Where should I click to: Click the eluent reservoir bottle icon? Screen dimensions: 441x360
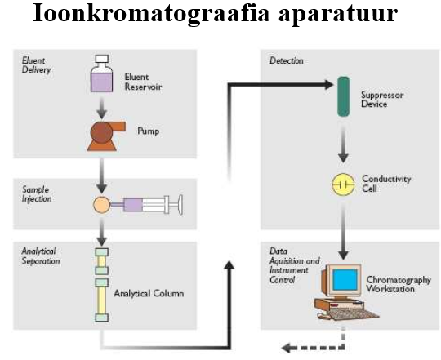101,73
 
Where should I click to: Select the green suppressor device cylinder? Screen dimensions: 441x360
343,96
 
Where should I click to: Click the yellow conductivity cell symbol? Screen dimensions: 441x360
343,184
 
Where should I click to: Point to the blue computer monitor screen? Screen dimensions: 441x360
345,280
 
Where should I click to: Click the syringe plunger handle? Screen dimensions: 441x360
180,205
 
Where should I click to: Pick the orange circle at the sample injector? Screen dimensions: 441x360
102,205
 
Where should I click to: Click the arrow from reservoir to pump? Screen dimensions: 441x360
102,108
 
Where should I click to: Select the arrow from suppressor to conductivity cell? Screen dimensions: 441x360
343,144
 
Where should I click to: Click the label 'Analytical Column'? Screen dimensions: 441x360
149,294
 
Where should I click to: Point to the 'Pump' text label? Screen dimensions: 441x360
148,131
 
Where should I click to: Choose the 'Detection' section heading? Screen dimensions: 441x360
287,60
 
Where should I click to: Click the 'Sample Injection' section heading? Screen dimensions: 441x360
37,194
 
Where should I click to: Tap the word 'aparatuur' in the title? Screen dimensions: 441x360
338,14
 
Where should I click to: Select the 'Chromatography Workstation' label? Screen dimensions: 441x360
399,284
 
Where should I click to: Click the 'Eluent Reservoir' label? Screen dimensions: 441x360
143,82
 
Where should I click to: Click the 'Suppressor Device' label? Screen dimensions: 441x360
382,100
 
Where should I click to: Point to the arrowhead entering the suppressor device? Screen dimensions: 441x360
329,84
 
